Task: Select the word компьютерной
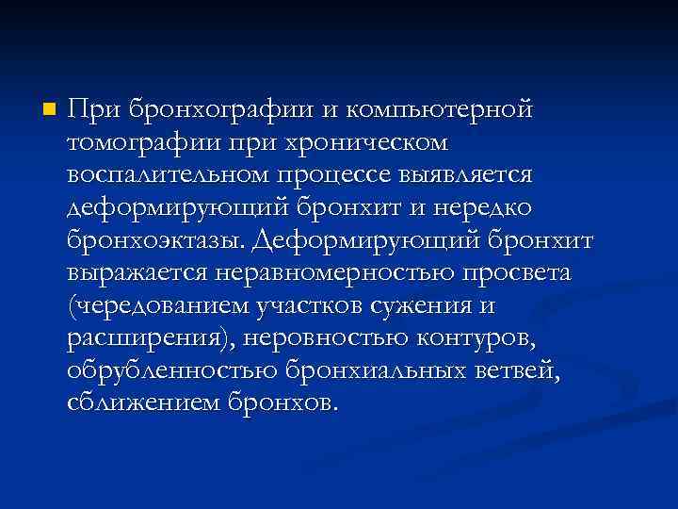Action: pyautogui.click(x=441, y=109)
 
